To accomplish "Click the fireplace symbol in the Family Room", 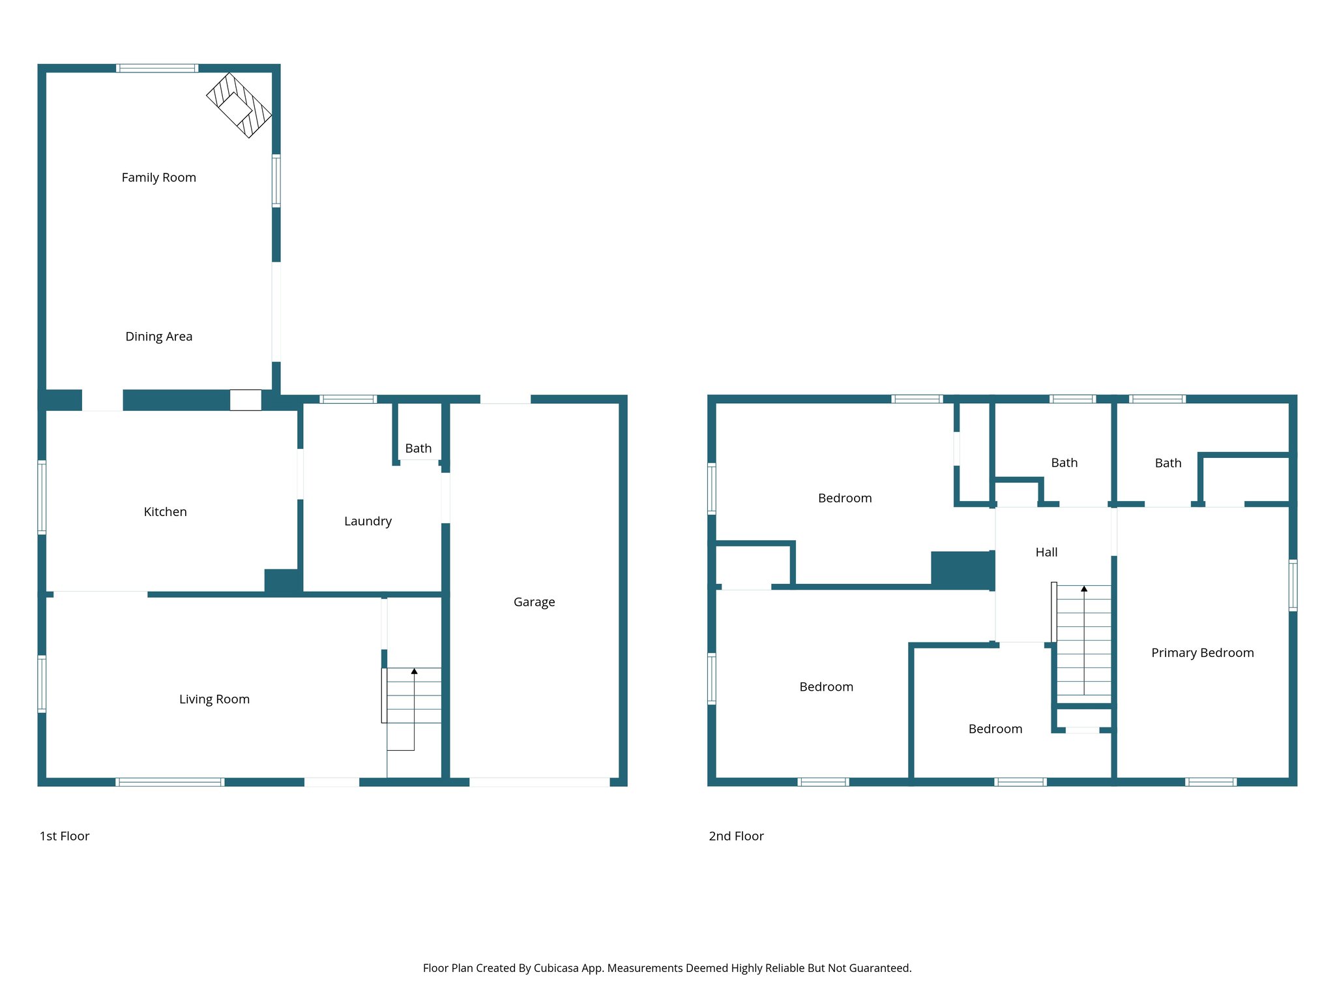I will tap(239, 105).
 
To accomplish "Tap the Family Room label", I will tap(158, 177).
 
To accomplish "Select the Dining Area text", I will tap(158, 337).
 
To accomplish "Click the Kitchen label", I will tap(165, 512).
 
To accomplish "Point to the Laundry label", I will tap(368, 521).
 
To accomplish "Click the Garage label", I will tap(534, 602).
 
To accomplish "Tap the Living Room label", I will tap(214, 699).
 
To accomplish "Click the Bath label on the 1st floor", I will tap(418, 448).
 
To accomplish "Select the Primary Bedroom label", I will tap(1202, 653).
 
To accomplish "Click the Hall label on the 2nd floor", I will tap(1046, 553).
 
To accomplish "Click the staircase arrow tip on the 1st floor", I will tap(414, 671).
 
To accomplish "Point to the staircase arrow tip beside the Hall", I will tap(1084, 588).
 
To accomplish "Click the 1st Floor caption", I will tap(64, 836).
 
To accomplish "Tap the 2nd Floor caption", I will tap(736, 836).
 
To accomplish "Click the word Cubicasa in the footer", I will tap(555, 968).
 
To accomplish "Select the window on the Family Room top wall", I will tap(157, 68).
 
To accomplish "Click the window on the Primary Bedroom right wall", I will tap(1293, 585).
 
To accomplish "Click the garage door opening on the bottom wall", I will tap(539, 782).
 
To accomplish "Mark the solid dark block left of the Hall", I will tap(962, 570).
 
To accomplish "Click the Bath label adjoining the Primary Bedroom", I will tap(1167, 463).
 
